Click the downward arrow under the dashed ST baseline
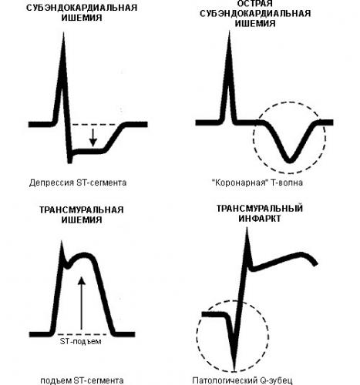click(93, 137)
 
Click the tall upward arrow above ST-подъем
click(82, 303)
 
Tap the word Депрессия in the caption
click(51, 182)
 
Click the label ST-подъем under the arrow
click(80, 342)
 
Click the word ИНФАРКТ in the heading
click(259, 219)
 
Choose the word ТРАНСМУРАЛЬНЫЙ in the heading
click(259, 208)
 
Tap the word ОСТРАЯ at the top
click(254, 4)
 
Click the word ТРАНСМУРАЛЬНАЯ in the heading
click(82, 209)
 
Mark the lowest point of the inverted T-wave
click(290, 162)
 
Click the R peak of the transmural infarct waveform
click(247, 229)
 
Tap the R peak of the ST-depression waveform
click(63, 33)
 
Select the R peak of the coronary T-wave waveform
click(229, 32)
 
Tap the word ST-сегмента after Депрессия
click(101, 182)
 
